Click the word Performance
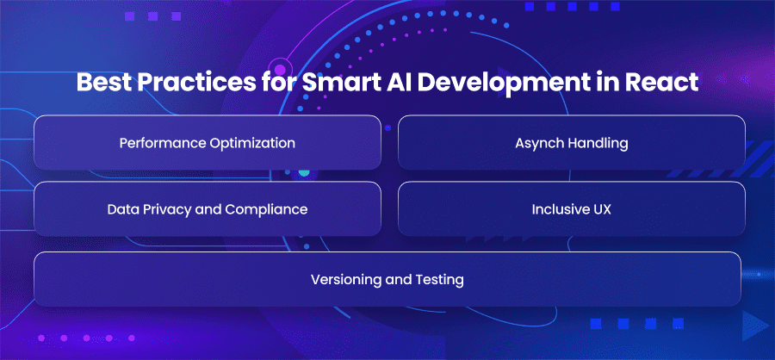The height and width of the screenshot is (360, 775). pyautogui.click(x=162, y=143)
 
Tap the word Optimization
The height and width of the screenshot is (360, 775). pyautogui.click(x=251, y=144)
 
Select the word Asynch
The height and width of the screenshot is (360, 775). pyautogui.click(x=539, y=144)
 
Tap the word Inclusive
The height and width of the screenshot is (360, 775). pyautogui.click(x=559, y=209)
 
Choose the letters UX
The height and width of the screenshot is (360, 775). pyautogui.click(x=600, y=209)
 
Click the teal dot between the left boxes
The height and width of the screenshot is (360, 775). pyautogui.click(x=304, y=172)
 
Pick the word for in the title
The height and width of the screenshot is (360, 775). pyautogui.click(x=275, y=83)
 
